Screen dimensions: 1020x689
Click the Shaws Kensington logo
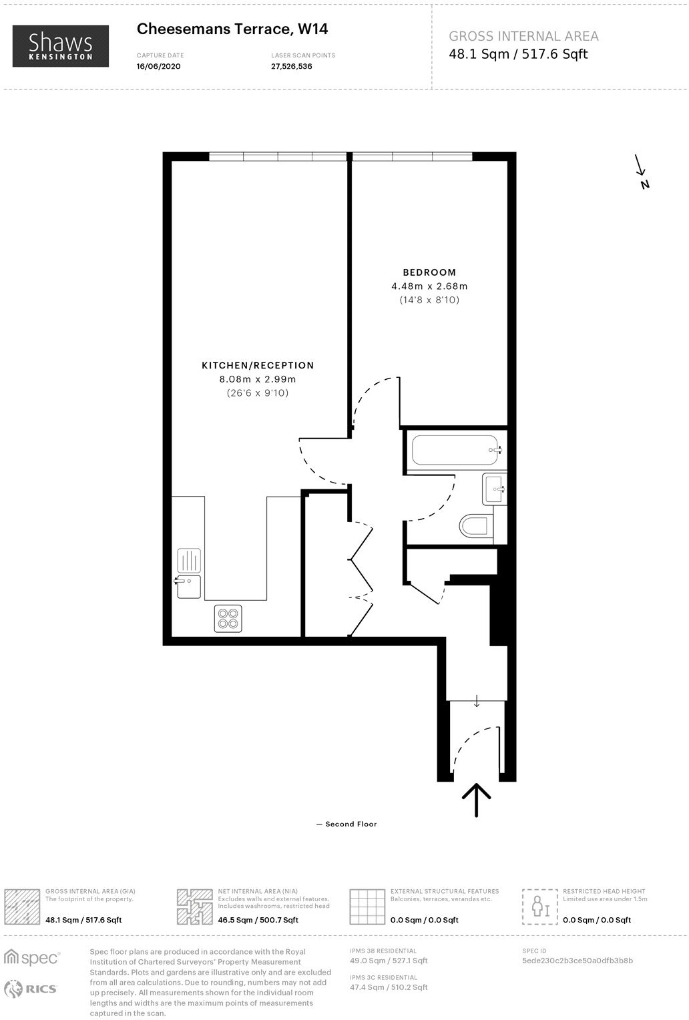61,46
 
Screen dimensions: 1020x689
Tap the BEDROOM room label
429,272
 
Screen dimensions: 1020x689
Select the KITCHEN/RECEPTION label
258,365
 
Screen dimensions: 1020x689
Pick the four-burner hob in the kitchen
228,618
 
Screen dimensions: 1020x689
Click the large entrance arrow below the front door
477,800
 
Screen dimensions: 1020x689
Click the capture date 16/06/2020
158,67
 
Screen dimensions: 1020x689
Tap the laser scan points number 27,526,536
292,67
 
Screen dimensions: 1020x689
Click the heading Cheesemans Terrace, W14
232,29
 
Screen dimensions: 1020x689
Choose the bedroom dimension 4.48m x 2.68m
429,286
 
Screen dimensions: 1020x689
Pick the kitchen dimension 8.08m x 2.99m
258,379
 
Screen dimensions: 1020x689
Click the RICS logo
31,989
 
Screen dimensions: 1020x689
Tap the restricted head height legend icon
539,907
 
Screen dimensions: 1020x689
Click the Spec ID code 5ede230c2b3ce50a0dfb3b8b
578,961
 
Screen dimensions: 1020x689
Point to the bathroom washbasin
494,489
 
